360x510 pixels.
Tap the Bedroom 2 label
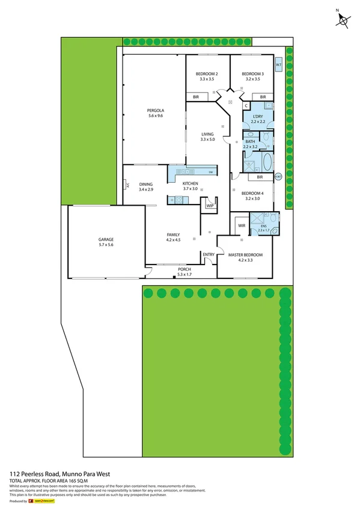207,74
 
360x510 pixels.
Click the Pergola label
156,111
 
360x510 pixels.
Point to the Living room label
207,135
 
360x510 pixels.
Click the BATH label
249,141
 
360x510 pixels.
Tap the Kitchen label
191,184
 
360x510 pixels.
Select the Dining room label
146,185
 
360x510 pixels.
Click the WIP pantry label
210,206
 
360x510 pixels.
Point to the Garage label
106,240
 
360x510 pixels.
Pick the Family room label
173,235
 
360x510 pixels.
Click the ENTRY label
209,254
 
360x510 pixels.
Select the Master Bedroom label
246,255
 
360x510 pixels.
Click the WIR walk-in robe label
242,226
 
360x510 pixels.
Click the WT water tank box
279,64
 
